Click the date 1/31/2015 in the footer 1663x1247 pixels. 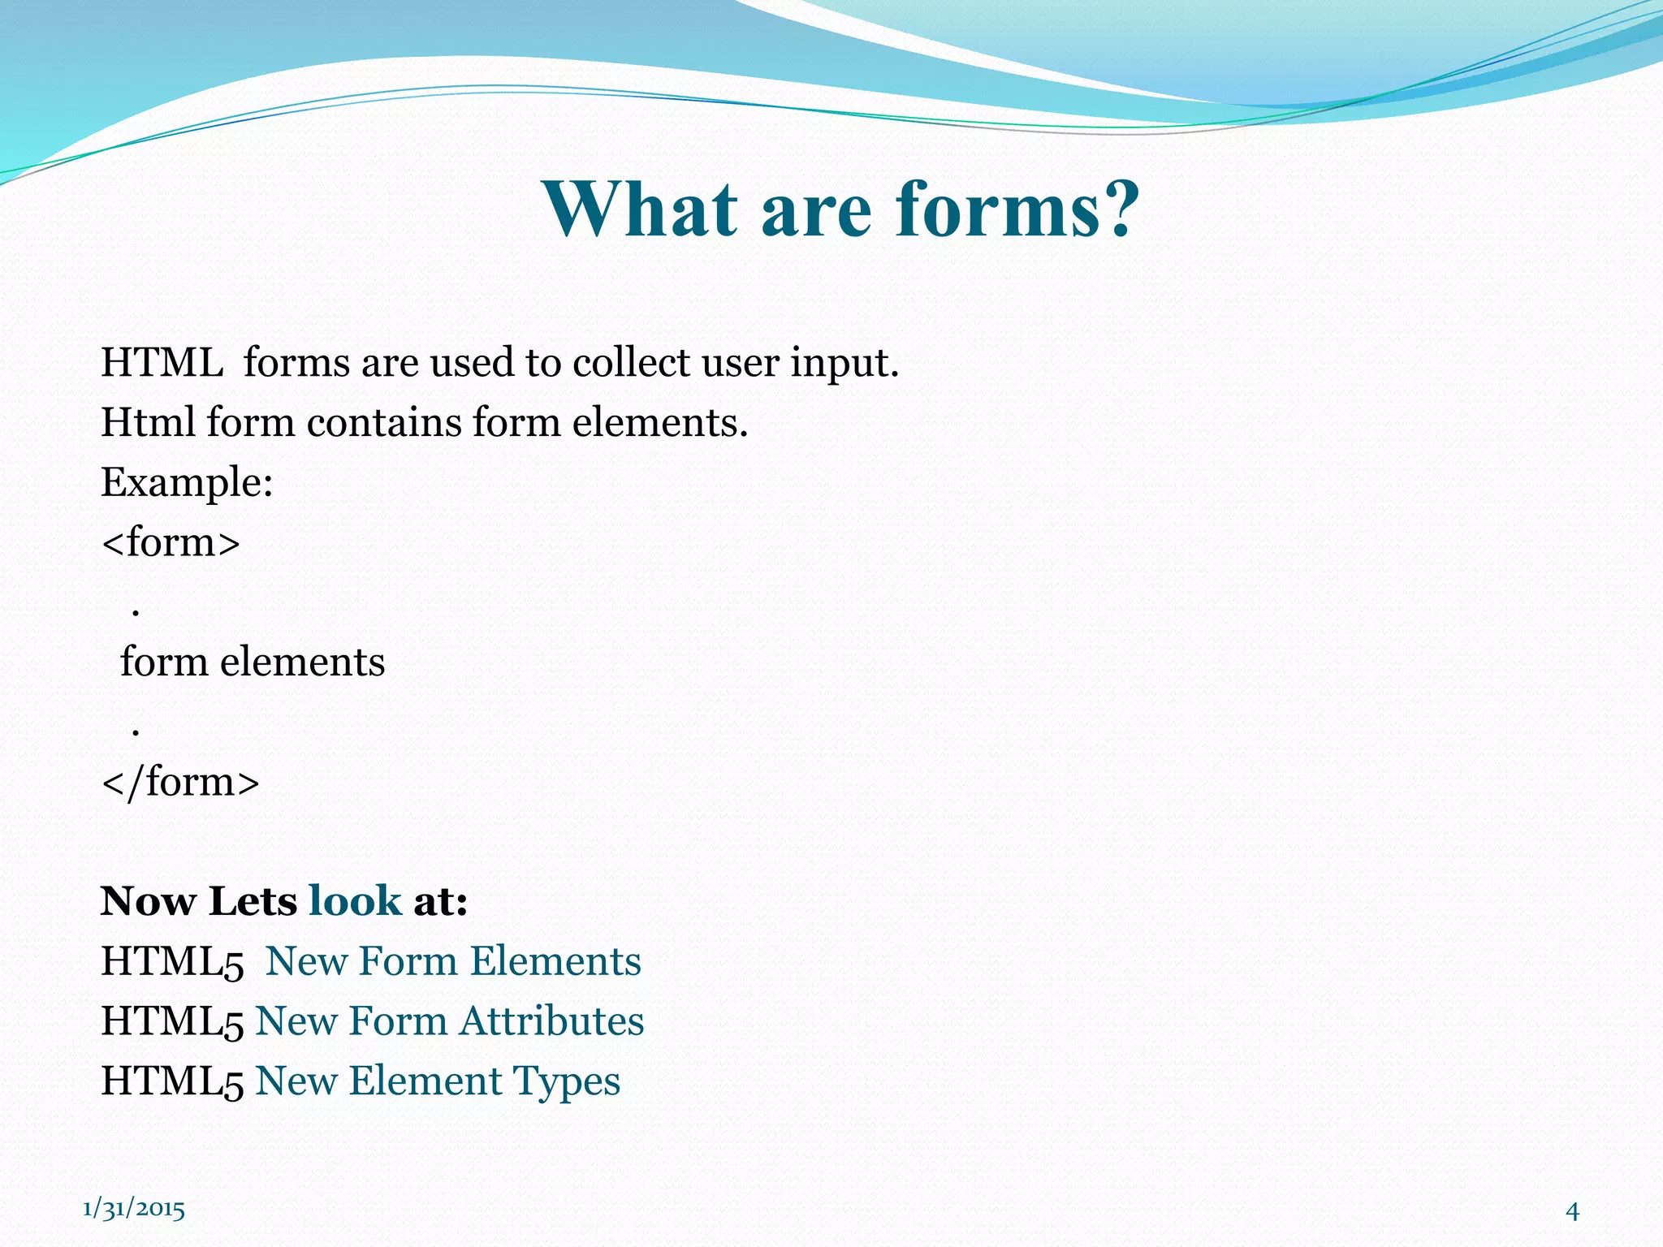pos(134,1209)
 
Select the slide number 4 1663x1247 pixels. pos(1572,1211)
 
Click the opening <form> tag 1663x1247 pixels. pos(171,542)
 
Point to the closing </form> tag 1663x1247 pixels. pos(180,782)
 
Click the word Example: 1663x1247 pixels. pos(187,482)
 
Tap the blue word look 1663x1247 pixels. pos(355,901)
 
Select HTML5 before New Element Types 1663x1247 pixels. pos(172,1081)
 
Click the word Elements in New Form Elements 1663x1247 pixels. pos(555,961)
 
